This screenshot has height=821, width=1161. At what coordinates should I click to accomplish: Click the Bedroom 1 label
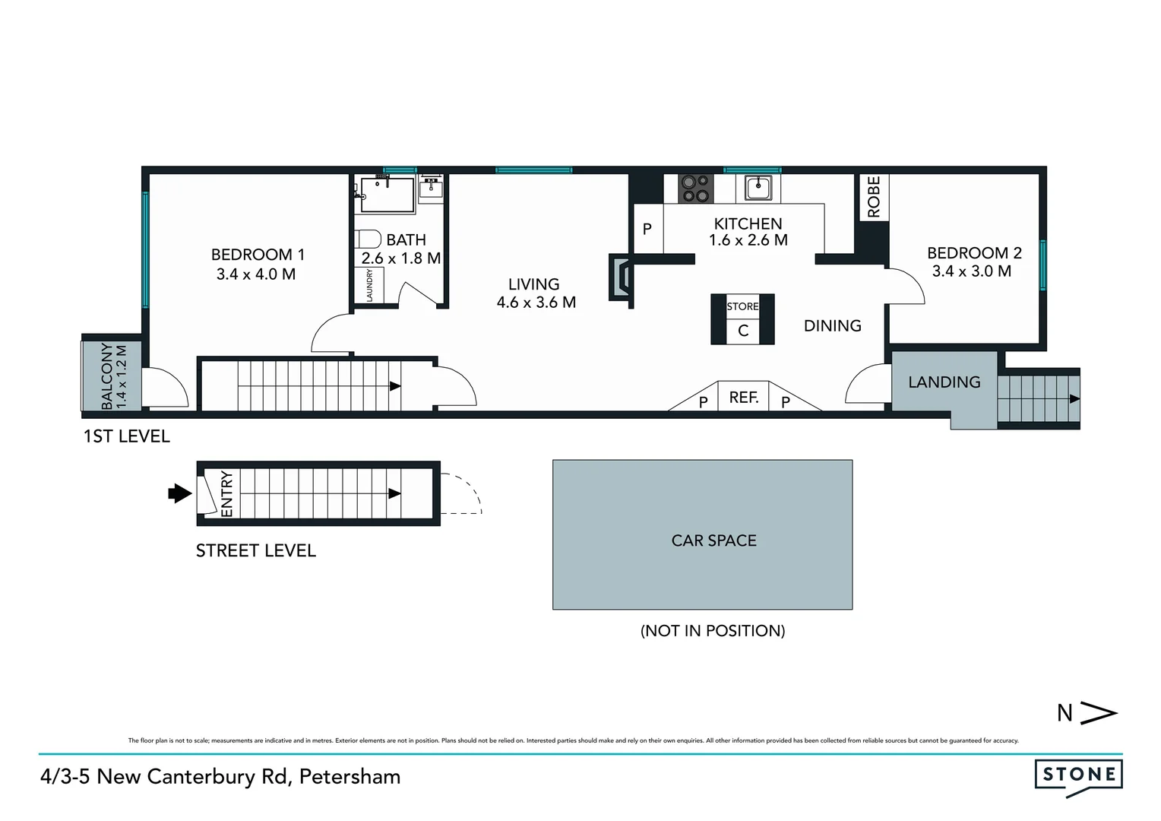click(x=258, y=255)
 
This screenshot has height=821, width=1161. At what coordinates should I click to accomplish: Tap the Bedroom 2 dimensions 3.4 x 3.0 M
click(x=972, y=271)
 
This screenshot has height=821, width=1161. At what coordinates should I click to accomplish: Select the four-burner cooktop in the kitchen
click(x=694, y=189)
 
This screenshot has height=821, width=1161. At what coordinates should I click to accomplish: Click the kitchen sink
click(x=758, y=187)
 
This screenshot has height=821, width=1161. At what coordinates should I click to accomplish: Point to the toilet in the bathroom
click(x=369, y=239)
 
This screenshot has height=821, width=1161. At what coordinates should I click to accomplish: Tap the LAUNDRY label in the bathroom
click(x=370, y=286)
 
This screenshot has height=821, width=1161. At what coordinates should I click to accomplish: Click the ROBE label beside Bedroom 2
click(x=874, y=197)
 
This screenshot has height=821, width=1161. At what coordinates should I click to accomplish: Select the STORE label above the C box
click(x=742, y=306)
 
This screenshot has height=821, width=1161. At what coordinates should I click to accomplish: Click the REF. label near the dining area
click(x=744, y=397)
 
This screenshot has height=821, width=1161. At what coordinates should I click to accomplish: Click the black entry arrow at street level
click(x=179, y=493)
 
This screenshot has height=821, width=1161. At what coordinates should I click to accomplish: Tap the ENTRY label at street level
click(x=227, y=494)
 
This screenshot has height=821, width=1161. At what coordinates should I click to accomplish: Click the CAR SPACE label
click(x=713, y=540)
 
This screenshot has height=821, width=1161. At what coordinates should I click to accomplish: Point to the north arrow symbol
click(x=1099, y=713)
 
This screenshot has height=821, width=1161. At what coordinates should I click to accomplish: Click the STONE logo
click(x=1078, y=775)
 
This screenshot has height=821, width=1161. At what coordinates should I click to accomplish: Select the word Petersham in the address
click(x=350, y=776)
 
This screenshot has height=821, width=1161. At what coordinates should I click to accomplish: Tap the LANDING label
click(x=944, y=382)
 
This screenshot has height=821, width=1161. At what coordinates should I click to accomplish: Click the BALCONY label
click(x=107, y=376)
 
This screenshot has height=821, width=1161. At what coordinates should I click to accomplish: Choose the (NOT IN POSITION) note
click(x=713, y=630)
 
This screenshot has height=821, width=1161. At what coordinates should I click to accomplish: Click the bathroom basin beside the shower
click(x=431, y=187)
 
